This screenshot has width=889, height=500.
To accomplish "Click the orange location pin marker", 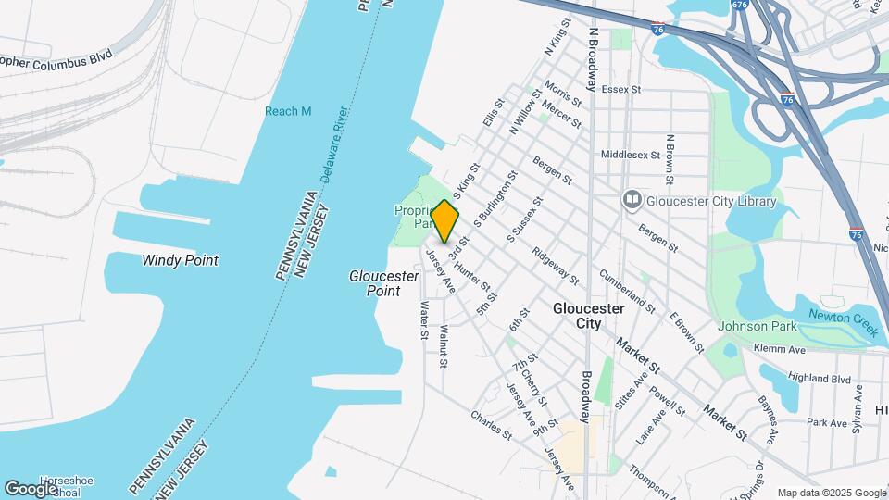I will pos(445,220).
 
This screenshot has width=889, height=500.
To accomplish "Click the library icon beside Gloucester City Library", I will pos(632,199).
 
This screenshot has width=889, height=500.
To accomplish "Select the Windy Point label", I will pos(180,260).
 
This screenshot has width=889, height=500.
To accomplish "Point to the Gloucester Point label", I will pos(375,283).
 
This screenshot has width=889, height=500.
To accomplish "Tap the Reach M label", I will pos(288,111).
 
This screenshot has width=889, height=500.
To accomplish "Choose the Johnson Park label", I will pos(756,326).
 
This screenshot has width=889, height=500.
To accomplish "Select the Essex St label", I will pos(621,90).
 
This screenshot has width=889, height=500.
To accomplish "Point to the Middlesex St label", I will pos(630,155).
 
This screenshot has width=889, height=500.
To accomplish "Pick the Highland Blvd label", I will pos(819,378).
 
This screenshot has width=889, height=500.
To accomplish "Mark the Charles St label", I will pos(490,424).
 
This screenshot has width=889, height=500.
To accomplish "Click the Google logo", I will pos(30,488).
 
